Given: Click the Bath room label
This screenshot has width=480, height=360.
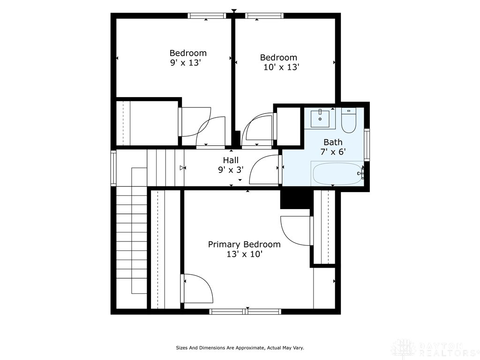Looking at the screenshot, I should (333, 142).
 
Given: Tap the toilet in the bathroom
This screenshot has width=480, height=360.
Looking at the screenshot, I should (348, 121).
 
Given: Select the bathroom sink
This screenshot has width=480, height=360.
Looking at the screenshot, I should (321, 119).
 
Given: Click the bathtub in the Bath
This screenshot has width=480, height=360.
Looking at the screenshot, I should (337, 173).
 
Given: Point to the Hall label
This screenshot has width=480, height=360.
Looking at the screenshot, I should (230, 160).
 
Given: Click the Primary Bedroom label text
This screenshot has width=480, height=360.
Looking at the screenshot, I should (244, 244).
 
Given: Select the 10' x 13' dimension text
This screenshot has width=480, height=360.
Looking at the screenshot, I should (281, 67).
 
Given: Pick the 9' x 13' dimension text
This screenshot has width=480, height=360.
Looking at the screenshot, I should (188, 62).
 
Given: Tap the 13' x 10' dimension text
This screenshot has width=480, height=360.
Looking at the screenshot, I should (244, 254).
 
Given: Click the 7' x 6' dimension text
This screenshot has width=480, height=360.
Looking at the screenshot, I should (333, 152).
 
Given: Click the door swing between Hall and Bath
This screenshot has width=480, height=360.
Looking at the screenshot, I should (266, 170).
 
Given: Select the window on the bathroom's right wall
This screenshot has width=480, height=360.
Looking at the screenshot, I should (367, 144).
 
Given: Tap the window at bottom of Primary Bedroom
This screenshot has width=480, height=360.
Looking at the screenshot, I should (245, 311).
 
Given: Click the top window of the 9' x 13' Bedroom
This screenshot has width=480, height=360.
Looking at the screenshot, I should (207, 15).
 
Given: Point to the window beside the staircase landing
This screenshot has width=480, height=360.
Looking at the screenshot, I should (113, 168).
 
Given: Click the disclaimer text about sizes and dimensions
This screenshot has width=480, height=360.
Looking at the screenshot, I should (240, 348).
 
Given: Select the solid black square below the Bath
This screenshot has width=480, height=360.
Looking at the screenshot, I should (295, 198).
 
